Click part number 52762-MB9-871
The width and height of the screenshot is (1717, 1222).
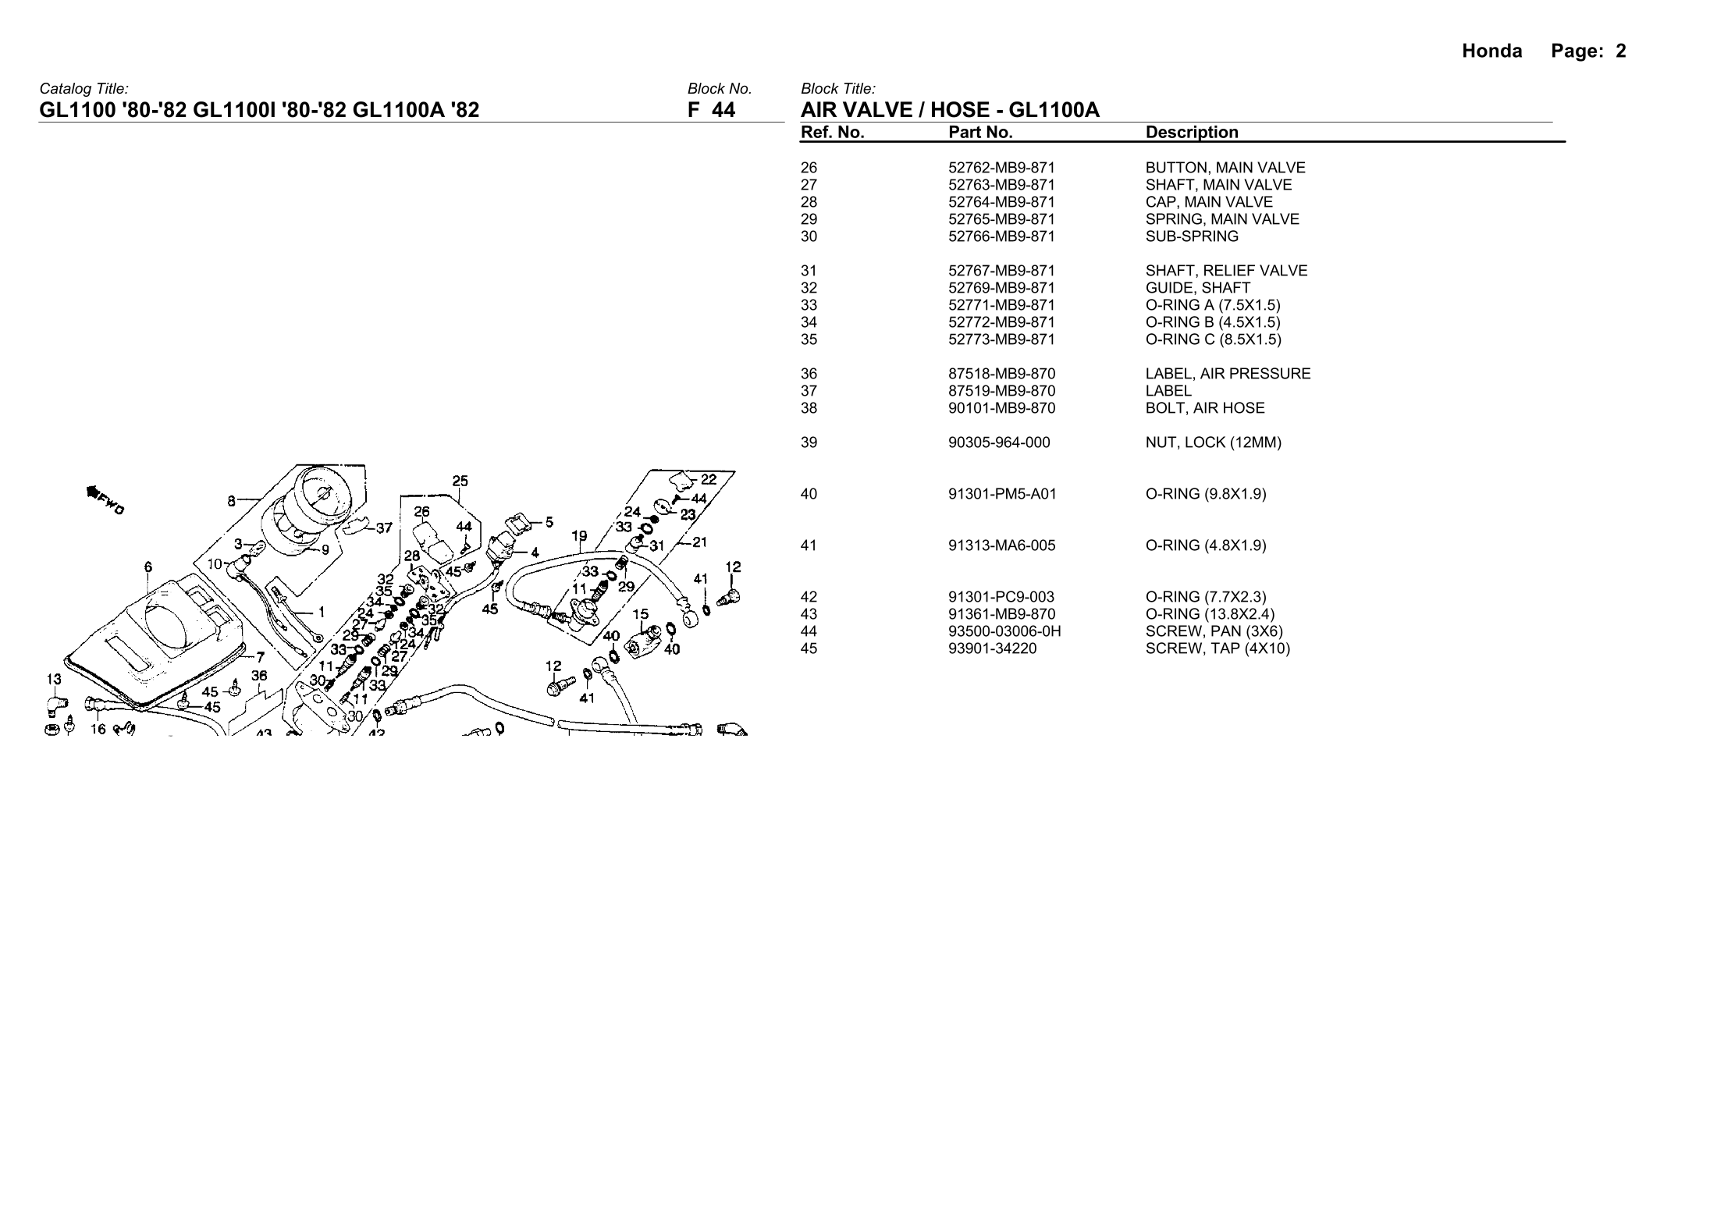(x=1001, y=168)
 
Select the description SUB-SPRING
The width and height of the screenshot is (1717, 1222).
(x=1192, y=236)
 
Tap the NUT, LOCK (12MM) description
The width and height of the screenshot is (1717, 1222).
(x=1213, y=442)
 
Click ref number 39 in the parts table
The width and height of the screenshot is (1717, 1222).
(x=809, y=442)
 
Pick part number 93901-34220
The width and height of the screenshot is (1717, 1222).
(x=992, y=648)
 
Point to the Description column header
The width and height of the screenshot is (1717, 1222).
(x=1192, y=133)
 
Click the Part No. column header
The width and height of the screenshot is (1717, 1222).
(x=980, y=133)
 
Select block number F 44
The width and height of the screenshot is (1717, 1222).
(x=711, y=110)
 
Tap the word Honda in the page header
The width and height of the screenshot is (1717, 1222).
(x=1491, y=52)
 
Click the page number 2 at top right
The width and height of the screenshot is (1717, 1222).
(x=1621, y=52)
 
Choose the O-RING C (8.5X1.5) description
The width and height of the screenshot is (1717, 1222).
(x=1213, y=339)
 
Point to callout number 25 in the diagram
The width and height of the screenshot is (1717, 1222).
(x=460, y=481)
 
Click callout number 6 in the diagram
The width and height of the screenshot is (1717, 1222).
(x=148, y=568)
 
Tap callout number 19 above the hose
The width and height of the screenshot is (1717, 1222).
(x=579, y=537)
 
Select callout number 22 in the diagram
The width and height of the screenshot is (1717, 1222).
(x=709, y=479)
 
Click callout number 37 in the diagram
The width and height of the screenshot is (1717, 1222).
(x=384, y=528)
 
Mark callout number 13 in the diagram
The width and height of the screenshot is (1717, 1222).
(x=53, y=680)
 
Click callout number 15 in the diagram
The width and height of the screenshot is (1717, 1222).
(x=640, y=615)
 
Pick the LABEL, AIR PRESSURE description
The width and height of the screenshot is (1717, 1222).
(x=1228, y=374)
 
